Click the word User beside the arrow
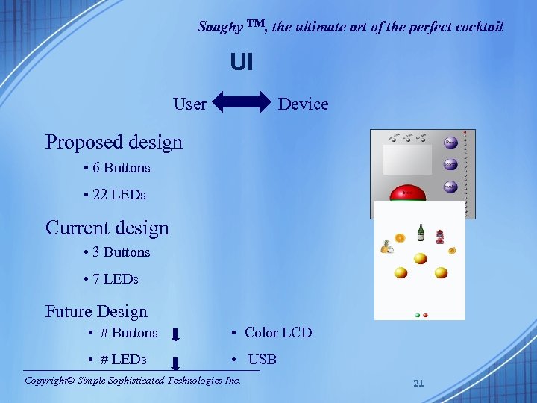tap(189, 104)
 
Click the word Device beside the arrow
tap(303, 104)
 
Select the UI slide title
tap(242, 63)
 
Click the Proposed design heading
tap(113, 142)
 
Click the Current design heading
tap(107, 228)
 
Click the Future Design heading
tap(96, 312)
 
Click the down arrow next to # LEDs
tap(175, 363)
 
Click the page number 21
tap(418, 383)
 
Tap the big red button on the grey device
tap(408, 194)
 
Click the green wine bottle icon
tap(421, 233)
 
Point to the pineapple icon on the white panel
tap(386, 247)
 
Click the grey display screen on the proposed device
tap(407, 160)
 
